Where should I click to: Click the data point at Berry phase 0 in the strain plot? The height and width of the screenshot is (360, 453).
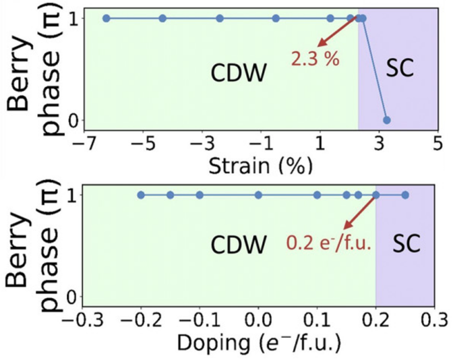386,120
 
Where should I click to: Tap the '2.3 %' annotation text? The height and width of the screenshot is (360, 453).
315,59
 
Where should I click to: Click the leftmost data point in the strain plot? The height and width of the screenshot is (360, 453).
106,18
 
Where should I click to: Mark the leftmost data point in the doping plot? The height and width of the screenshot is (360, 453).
141,195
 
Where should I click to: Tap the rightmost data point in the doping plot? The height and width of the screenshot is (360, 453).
405,195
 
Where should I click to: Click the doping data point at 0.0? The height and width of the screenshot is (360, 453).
258,195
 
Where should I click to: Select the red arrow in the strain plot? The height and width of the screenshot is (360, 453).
338,33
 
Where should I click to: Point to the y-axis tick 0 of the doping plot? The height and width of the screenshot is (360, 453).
70,297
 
